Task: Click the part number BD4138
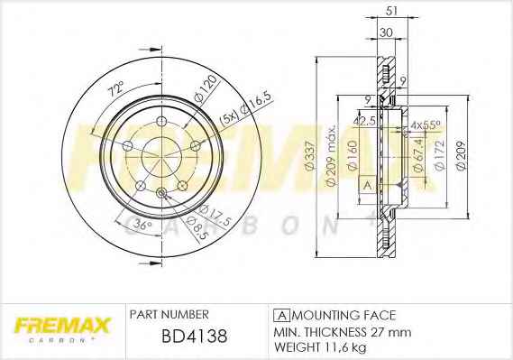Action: [x=195, y=336]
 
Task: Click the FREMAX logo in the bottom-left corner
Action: [x=61, y=328]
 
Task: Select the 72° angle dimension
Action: [x=117, y=89]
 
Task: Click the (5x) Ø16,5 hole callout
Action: [x=246, y=110]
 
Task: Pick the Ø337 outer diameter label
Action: [x=309, y=155]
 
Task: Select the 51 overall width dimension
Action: [x=391, y=11]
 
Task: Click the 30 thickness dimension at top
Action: [x=386, y=32]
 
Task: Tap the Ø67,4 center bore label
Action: [x=419, y=155]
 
